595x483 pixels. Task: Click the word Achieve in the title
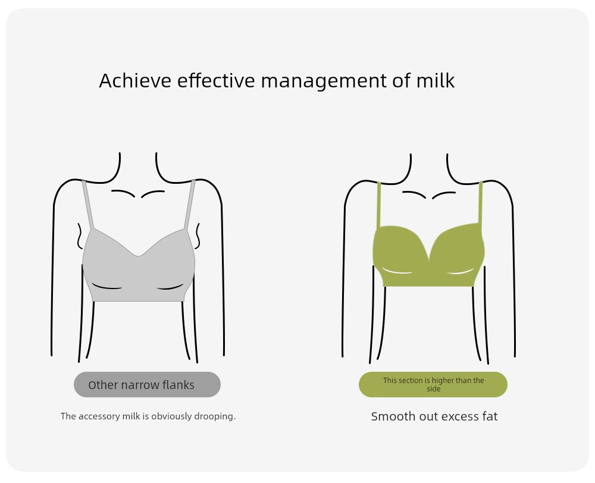coord(135,80)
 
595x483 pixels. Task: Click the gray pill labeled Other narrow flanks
coord(147,385)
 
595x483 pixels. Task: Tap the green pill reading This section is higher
coord(433,385)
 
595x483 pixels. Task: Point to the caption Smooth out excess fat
coord(434,416)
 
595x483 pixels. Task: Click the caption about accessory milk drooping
coord(148,416)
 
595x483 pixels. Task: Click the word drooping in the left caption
coord(215,416)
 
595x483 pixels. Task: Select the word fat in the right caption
coord(490,416)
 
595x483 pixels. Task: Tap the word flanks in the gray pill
coord(178,385)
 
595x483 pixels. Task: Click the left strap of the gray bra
coord(87,205)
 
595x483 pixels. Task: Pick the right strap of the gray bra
coord(190,205)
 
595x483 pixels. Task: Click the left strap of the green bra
coord(378,205)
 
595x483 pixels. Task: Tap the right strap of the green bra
coord(480,203)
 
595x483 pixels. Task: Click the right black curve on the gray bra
coord(170,288)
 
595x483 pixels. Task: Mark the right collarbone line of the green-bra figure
coord(444,194)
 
